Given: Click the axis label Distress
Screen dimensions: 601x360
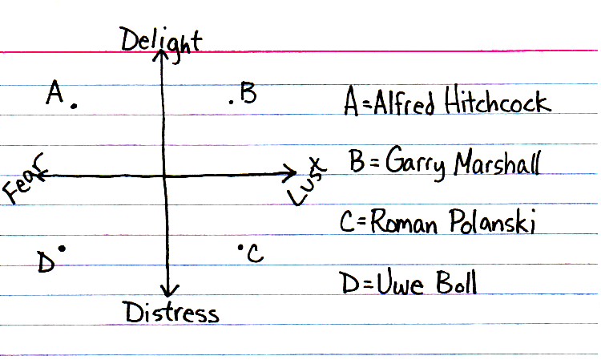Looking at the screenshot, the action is (171, 311).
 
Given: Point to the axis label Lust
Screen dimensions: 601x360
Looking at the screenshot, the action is (305, 181).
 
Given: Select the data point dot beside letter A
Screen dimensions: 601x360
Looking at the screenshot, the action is (75, 105).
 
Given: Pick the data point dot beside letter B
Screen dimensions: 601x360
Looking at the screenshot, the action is (231, 100).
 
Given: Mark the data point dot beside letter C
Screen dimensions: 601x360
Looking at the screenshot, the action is (240, 248).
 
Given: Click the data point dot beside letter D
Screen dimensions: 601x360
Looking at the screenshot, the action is (61, 249).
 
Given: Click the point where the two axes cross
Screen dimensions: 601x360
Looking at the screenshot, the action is (164, 175).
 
